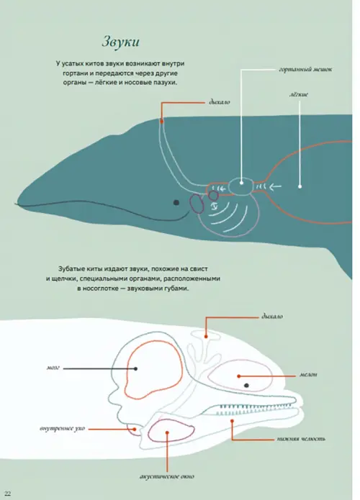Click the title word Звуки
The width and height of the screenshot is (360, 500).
pyautogui.click(x=121, y=42)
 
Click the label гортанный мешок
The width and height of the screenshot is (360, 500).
pyautogui.click(x=305, y=69)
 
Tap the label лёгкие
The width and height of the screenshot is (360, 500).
pyautogui.click(x=299, y=94)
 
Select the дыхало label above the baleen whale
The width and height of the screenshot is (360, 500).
pyautogui.click(x=220, y=102)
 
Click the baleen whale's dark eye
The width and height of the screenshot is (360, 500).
pyautogui.click(x=176, y=202)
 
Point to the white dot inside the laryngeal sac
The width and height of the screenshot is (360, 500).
pyautogui.click(x=242, y=183)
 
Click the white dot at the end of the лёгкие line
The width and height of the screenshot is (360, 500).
pyautogui.click(x=300, y=186)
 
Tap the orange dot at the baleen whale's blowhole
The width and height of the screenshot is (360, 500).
pyautogui.click(x=162, y=121)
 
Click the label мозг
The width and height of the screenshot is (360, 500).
pyautogui.click(x=53, y=368)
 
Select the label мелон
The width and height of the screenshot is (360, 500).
pyautogui.click(x=308, y=375)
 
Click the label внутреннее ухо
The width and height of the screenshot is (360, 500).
pyautogui.click(x=62, y=429)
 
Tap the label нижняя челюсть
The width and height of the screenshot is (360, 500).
pyautogui.click(x=301, y=439)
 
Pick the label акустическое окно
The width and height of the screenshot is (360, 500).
pyautogui.click(x=167, y=476)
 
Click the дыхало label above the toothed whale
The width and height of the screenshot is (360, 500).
pyautogui.click(x=272, y=317)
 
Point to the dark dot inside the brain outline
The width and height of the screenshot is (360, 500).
pyautogui.click(x=135, y=368)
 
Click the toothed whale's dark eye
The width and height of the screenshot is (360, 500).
pyautogui.click(x=246, y=385)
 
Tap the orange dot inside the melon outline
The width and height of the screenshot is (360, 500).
pyautogui.click(x=239, y=376)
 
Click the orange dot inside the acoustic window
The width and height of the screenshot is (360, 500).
pyautogui.click(x=167, y=432)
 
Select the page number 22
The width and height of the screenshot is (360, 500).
pyautogui.click(x=8, y=494)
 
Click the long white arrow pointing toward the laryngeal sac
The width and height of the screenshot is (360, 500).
pyautogui.click(x=276, y=186)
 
